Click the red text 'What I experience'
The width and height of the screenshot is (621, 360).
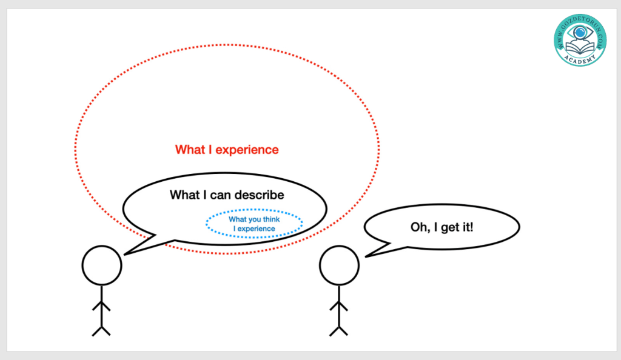tap(227, 149)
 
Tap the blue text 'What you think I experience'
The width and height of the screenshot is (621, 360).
tap(254, 224)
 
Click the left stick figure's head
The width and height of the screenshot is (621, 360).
tap(102, 265)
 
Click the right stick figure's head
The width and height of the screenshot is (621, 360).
tap(339, 265)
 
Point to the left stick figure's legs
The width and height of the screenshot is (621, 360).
tap(101, 328)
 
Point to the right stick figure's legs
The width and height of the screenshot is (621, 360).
tap(338, 328)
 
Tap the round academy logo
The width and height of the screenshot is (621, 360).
tap(580, 40)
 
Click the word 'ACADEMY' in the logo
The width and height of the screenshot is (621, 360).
tap(580, 59)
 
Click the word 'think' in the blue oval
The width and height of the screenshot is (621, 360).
tap(270, 219)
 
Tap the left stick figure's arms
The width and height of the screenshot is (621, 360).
tap(101, 307)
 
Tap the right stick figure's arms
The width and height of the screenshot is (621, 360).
tap(338, 307)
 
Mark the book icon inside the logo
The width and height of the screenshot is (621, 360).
tap(580, 46)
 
